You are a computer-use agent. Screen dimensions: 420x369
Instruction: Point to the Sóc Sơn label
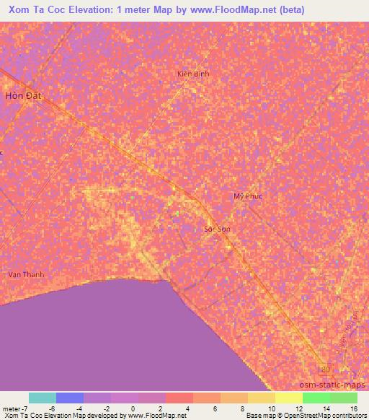[217, 229]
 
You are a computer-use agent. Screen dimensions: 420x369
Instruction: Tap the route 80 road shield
[325, 369]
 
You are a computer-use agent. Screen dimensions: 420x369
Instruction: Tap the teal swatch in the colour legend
[43, 398]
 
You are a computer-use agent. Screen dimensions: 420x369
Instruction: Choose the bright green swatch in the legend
[316, 398]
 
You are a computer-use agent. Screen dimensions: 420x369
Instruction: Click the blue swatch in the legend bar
[70, 398]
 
